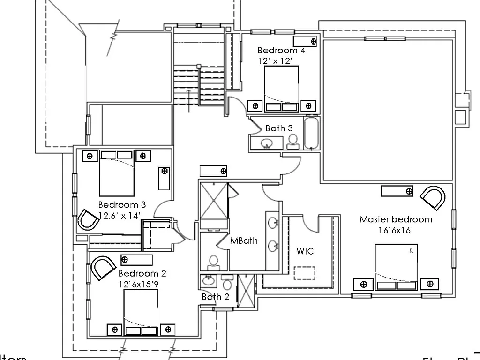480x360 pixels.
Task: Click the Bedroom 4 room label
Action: click(x=281, y=50)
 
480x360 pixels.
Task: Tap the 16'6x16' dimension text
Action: click(x=395, y=230)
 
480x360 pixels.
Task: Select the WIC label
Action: click(x=305, y=251)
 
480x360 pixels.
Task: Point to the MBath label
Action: click(x=244, y=241)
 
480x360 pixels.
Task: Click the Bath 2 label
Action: click(x=215, y=297)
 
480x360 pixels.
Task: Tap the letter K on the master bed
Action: click(x=411, y=251)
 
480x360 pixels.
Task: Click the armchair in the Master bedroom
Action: click(x=433, y=197)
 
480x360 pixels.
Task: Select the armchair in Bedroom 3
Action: click(x=88, y=219)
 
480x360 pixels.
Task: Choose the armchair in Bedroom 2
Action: click(x=103, y=267)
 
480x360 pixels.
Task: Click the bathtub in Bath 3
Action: click(x=311, y=133)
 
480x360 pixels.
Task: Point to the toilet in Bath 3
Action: click(x=293, y=141)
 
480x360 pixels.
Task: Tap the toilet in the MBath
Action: click(x=214, y=262)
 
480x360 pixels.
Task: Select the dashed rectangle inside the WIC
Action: click(x=304, y=273)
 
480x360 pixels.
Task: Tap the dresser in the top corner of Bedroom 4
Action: click(x=305, y=41)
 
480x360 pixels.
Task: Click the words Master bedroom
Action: click(x=396, y=219)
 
